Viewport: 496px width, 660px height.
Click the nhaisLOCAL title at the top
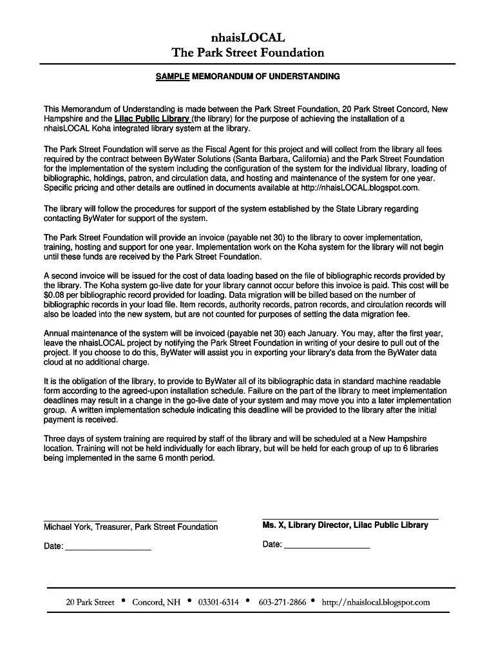[x=247, y=37]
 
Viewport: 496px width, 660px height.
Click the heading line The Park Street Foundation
[x=247, y=52]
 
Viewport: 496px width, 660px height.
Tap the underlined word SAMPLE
[x=173, y=77]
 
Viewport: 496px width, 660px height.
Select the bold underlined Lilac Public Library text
[x=152, y=119]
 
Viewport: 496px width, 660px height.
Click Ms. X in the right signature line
[x=273, y=525]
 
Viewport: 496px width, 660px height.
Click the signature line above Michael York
[x=130, y=520]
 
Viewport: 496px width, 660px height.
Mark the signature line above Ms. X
[x=350, y=518]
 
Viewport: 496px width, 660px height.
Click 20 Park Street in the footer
[x=90, y=603]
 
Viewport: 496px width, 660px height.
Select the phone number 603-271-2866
[x=282, y=603]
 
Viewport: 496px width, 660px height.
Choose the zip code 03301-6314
[x=218, y=603]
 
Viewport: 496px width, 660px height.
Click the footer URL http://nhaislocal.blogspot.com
[x=376, y=603]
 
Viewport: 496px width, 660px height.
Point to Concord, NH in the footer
[x=157, y=603]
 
